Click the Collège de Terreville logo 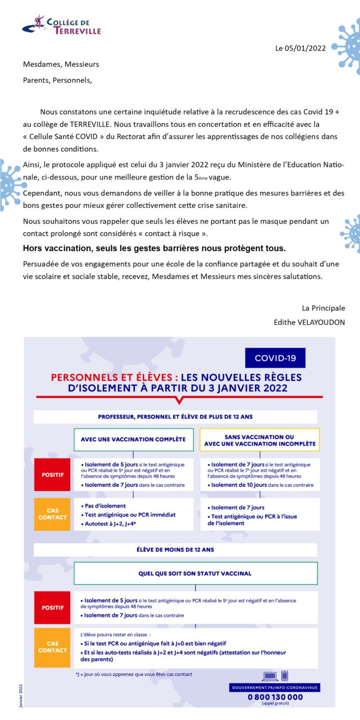[x=61, y=25]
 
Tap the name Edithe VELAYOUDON [x=309, y=322]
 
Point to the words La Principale [x=323, y=308]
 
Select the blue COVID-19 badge [x=275, y=358]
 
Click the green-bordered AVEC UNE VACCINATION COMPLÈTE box [x=133, y=439]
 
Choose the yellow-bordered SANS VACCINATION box [x=260, y=440]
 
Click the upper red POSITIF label [x=53, y=475]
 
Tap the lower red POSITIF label [x=53, y=608]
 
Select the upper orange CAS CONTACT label [x=53, y=514]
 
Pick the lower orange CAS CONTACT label [x=53, y=647]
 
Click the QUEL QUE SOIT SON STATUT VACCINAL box [x=195, y=573]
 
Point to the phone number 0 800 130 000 [x=275, y=697]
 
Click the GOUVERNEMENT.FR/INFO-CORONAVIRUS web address [x=275, y=688]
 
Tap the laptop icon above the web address [x=270, y=676]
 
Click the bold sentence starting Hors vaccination [x=154, y=249]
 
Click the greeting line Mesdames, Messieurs [x=61, y=64]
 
